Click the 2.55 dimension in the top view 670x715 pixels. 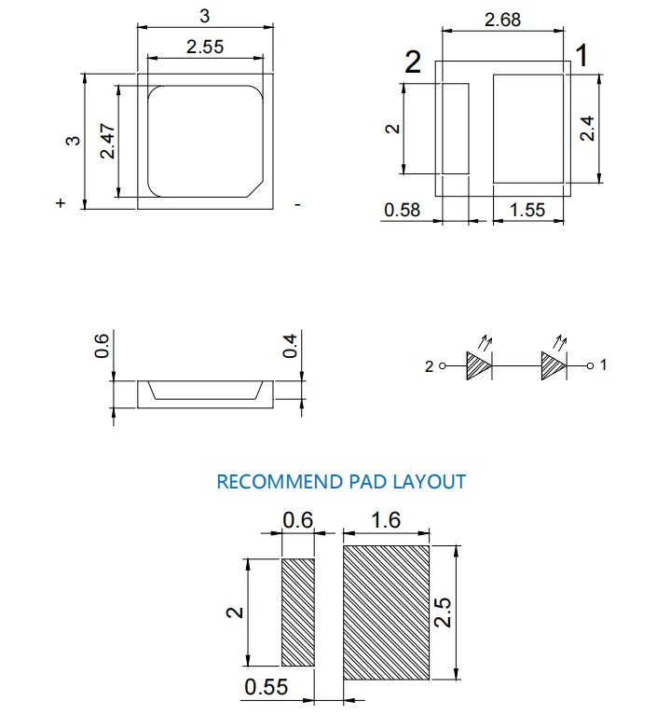[x=205, y=48]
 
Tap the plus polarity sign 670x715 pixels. [x=61, y=203]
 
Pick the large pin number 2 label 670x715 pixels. [x=413, y=63]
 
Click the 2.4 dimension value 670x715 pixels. [x=587, y=128]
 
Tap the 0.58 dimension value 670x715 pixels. [x=403, y=211]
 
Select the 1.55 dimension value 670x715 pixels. [x=527, y=211]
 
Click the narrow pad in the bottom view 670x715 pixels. [x=456, y=128]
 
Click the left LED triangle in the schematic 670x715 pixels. [x=478, y=365]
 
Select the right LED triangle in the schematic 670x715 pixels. [x=554, y=365]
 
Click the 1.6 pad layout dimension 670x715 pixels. [x=386, y=519]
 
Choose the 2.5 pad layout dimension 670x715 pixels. [x=444, y=612]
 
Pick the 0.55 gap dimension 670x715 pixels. [x=267, y=688]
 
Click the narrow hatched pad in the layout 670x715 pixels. [x=298, y=612]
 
